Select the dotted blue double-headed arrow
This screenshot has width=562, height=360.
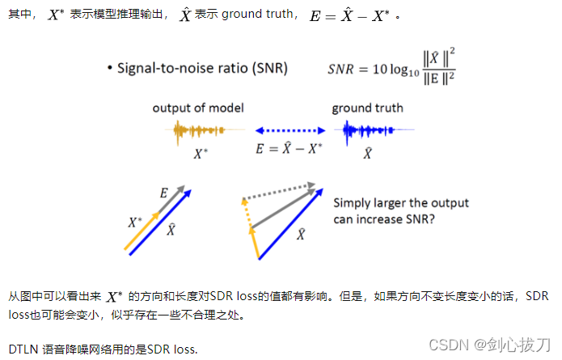(x=289, y=129)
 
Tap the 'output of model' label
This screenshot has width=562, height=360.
(x=198, y=108)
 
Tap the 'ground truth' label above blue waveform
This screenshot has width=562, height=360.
(x=367, y=108)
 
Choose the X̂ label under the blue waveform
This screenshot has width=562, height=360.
(x=367, y=152)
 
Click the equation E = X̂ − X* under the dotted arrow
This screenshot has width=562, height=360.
(x=289, y=149)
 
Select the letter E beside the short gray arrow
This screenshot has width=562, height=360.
(x=163, y=193)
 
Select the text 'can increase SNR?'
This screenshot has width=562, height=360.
(x=384, y=218)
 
